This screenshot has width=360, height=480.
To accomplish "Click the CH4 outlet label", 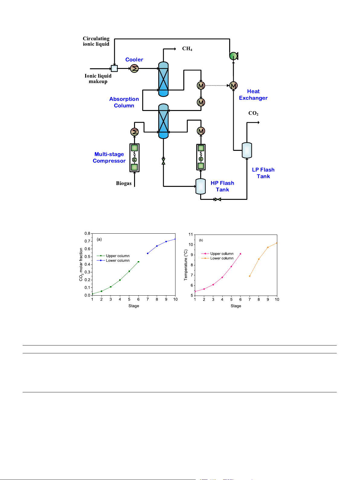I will tap(187, 49).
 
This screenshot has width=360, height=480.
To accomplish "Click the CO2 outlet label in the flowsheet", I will tap(253, 113).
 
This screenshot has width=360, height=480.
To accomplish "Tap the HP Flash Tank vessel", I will tap(201, 186).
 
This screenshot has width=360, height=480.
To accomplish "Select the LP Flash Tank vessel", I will tap(247, 150).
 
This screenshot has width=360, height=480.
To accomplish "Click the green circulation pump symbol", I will tap(233, 56).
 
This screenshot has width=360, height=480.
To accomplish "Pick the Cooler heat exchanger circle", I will tap(134, 69).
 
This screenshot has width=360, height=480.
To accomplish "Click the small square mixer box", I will tap(114, 68).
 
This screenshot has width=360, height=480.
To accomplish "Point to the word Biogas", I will tap(124, 183).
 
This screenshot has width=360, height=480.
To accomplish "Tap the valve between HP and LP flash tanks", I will tap(217, 199).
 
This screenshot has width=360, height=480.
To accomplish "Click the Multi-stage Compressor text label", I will tap(109, 157).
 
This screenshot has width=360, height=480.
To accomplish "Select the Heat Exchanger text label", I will tap(253, 95).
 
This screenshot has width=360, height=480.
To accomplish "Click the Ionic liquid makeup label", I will tap(98, 79).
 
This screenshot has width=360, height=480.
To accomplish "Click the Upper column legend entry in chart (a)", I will tap(117, 256).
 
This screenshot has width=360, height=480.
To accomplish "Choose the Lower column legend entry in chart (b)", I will tap(222, 258).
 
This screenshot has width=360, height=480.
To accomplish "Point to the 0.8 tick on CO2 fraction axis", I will tap(87, 233).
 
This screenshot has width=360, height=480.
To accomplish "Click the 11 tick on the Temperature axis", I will tap(191, 235).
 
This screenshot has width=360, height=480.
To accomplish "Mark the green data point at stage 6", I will tap(138, 262).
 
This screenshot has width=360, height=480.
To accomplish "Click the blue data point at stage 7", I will tap(148, 253).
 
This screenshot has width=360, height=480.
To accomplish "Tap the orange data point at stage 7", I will tap(249, 276).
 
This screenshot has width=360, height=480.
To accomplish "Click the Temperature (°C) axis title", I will tap(186, 265).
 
